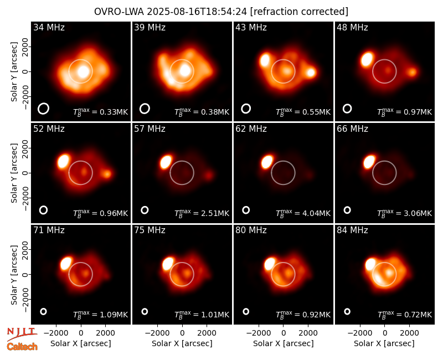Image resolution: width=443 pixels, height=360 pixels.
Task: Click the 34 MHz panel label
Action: pos(49,27)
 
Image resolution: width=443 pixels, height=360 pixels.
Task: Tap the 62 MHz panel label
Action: pos(251,129)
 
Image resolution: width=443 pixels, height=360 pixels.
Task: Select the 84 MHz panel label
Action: pos(352,230)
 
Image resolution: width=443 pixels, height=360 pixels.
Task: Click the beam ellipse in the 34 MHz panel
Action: pos(44,109)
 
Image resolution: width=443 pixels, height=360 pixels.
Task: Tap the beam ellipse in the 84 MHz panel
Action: pos(347,311)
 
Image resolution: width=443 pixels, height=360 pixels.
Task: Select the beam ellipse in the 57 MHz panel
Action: pos(145,210)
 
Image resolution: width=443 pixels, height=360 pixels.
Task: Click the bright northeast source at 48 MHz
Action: pos(367,59)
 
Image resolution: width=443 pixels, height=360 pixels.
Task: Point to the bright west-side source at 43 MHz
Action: pos(311,73)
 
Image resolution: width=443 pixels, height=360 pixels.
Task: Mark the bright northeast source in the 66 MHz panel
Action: pos(369,162)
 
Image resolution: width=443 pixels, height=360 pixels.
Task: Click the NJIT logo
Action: pos(22,334)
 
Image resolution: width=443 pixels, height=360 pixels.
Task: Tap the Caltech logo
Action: pos(22,347)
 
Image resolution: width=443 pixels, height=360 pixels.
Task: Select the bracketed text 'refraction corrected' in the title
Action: pos(299,12)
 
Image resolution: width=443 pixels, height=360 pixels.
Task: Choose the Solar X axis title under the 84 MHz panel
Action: pos(384,343)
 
